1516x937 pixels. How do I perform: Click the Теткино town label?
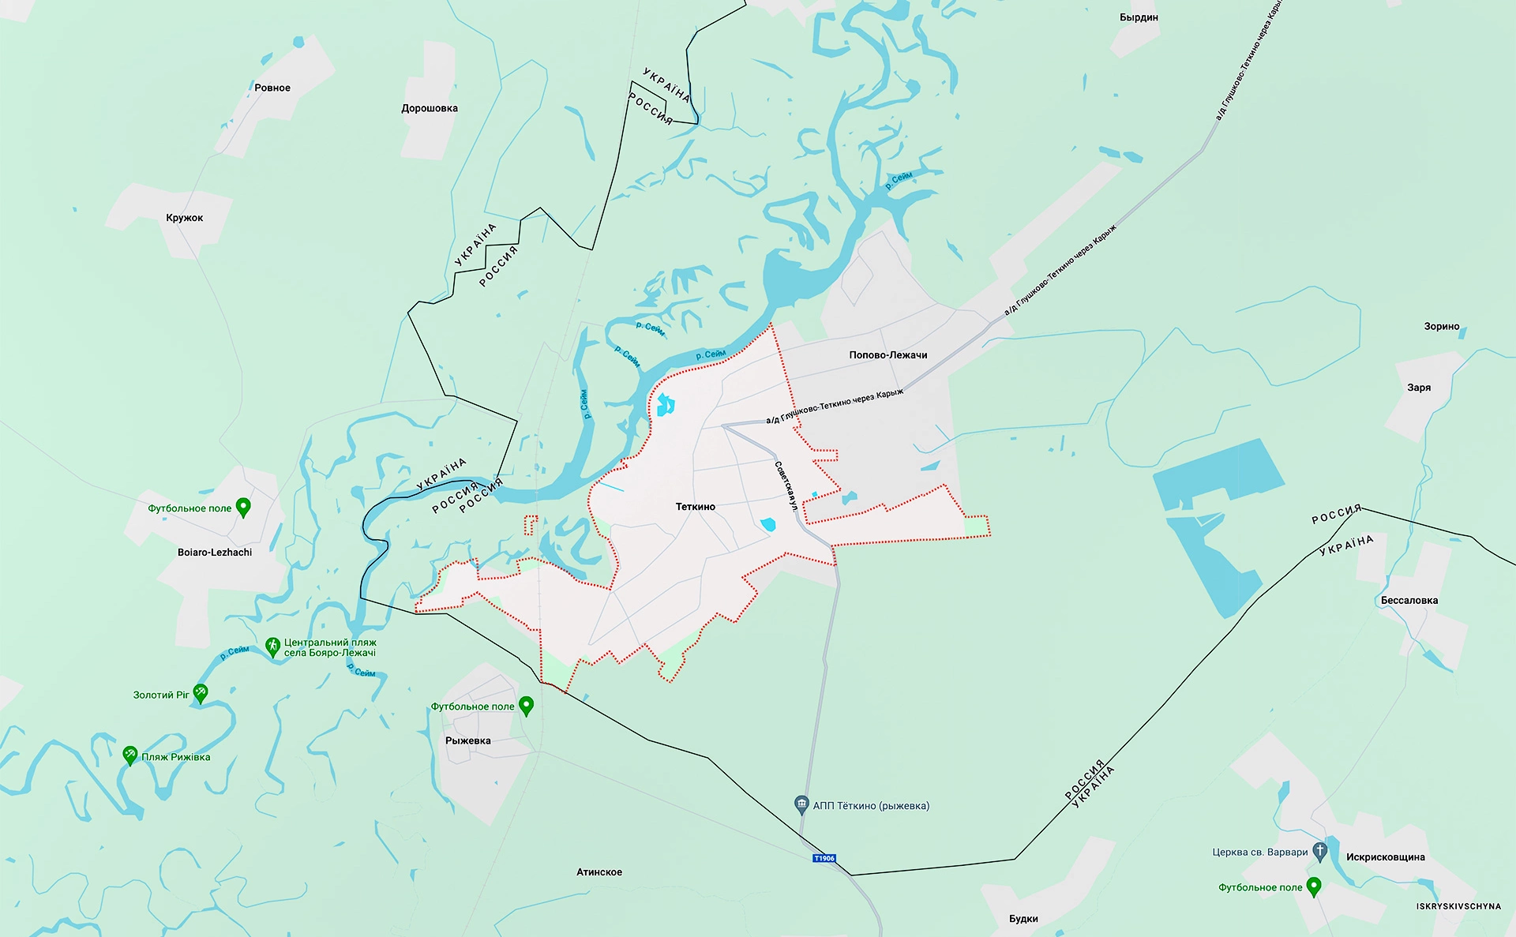point(695,507)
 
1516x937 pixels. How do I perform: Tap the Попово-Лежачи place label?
point(888,355)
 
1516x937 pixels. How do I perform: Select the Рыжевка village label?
point(468,740)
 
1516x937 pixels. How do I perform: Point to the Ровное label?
point(272,88)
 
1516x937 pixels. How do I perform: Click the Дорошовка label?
point(430,108)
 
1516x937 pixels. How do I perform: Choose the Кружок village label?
point(185,218)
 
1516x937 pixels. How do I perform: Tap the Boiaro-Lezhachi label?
point(215,553)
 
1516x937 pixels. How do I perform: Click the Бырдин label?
point(1139,17)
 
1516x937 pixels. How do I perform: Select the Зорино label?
point(1442,326)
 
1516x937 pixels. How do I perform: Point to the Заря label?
point(1419,388)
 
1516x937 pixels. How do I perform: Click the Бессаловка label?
point(1409,601)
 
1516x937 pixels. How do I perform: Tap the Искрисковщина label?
point(1386,857)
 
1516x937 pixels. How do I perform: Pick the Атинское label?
point(599,872)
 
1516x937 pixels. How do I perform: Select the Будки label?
point(1023,919)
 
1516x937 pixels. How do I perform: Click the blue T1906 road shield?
point(824,858)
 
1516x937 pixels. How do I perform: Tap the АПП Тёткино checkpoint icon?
point(801,804)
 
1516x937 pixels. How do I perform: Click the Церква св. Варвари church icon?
point(1319,851)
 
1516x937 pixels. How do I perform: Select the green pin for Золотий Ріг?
point(201,693)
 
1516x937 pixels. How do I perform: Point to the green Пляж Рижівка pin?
point(130,755)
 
